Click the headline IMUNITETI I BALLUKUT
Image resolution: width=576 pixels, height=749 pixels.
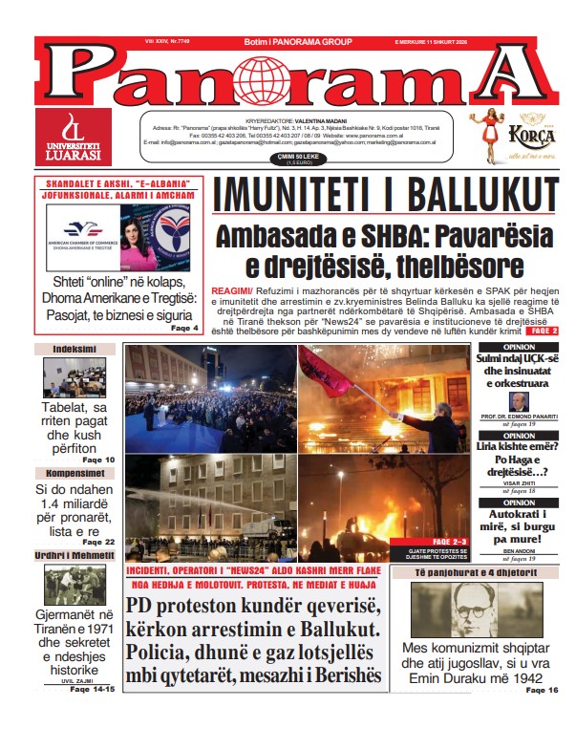385,195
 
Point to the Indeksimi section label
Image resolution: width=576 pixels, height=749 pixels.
74,350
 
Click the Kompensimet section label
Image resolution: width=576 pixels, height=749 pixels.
74,473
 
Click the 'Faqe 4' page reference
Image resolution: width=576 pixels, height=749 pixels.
184,328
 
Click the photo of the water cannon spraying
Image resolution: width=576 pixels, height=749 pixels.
210,506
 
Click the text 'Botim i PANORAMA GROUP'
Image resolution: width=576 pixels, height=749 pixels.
288,43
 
